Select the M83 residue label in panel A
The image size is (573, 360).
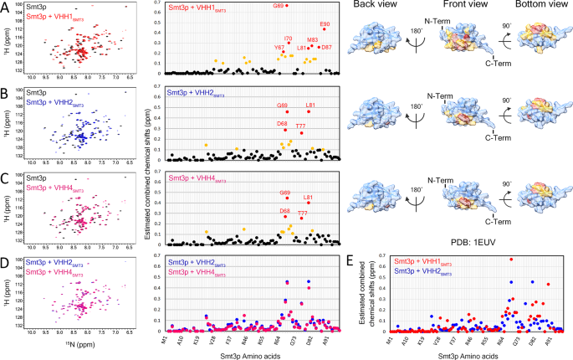coord(312,40)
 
